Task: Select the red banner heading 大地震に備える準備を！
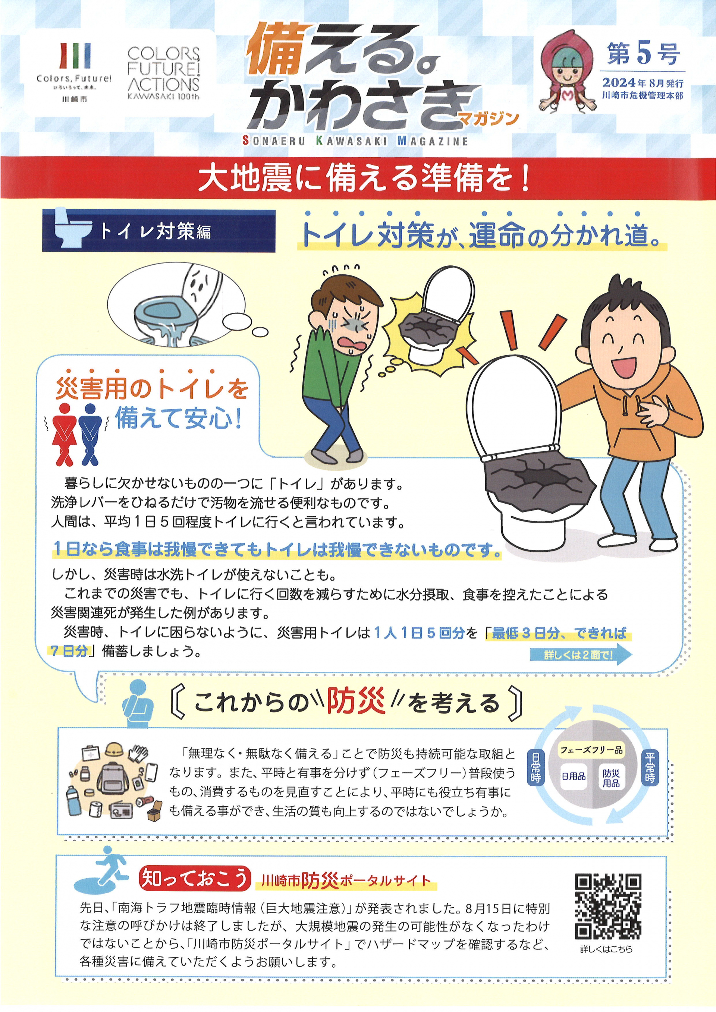(364, 179)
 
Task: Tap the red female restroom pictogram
(65, 435)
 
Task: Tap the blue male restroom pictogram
(90, 435)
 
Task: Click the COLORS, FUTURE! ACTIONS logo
(163, 73)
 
